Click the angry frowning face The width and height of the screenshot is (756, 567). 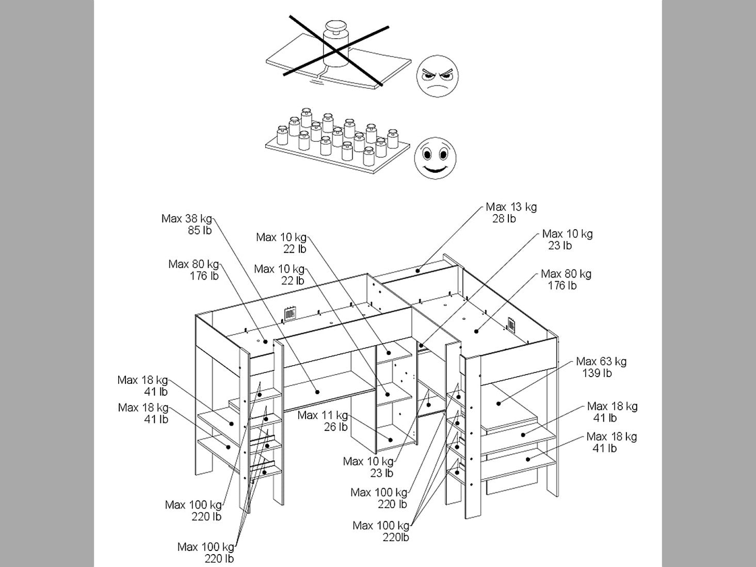[x=437, y=76]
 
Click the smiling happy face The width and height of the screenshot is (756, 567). [x=435, y=158]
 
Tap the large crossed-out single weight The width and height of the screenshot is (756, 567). [x=336, y=44]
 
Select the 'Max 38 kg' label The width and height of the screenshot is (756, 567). [x=187, y=219]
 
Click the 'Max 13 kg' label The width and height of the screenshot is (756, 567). [x=511, y=207]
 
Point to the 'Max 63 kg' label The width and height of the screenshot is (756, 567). [x=601, y=362]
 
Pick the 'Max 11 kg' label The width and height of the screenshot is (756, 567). [x=323, y=415]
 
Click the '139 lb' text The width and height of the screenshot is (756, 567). [x=597, y=373]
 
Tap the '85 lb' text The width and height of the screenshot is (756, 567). [x=200, y=230]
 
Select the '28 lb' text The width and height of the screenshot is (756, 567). [x=504, y=219]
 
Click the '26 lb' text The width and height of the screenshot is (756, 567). [x=336, y=427]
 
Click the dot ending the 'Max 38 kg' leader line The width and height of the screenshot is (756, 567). [x=317, y=392]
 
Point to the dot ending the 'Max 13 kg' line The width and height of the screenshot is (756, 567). [x=417, y=270]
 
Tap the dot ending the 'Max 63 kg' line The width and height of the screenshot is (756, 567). [x=498, y=403]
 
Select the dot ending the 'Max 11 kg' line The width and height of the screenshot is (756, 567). [x=391, y=440]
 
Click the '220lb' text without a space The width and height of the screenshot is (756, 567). [x=396, y=538]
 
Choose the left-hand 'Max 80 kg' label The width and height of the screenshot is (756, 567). [x=194, y=264]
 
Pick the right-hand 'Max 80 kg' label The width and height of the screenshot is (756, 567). [x=566, y=273]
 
